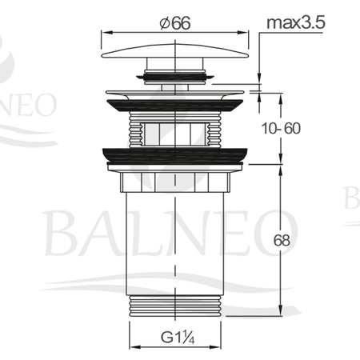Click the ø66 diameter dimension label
coord(175,23)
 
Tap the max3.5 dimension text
coord(296,22)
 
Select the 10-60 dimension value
coord(281,128)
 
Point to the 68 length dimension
coord(282,241)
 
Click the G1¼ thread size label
coord(178,337)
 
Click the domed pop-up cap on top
coord(175,51)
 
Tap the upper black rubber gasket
coord(174,105)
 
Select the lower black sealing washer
coord(175,154)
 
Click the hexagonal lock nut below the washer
coord(175,182)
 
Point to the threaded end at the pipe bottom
coord(175,306)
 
